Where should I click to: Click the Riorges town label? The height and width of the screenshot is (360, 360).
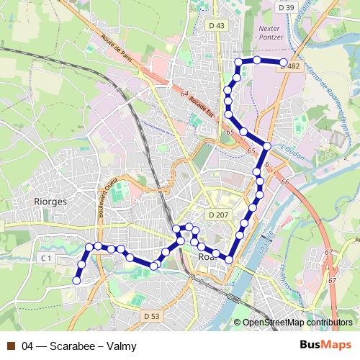50,202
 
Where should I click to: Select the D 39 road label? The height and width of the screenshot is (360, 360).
286,8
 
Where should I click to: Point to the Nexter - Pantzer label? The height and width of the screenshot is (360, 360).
268,33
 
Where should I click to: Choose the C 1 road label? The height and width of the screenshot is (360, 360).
47,257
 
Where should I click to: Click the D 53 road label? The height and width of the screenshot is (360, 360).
151,316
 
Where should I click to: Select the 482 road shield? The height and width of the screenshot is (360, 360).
293,66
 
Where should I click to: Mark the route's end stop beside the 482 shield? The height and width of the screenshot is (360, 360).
284,63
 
